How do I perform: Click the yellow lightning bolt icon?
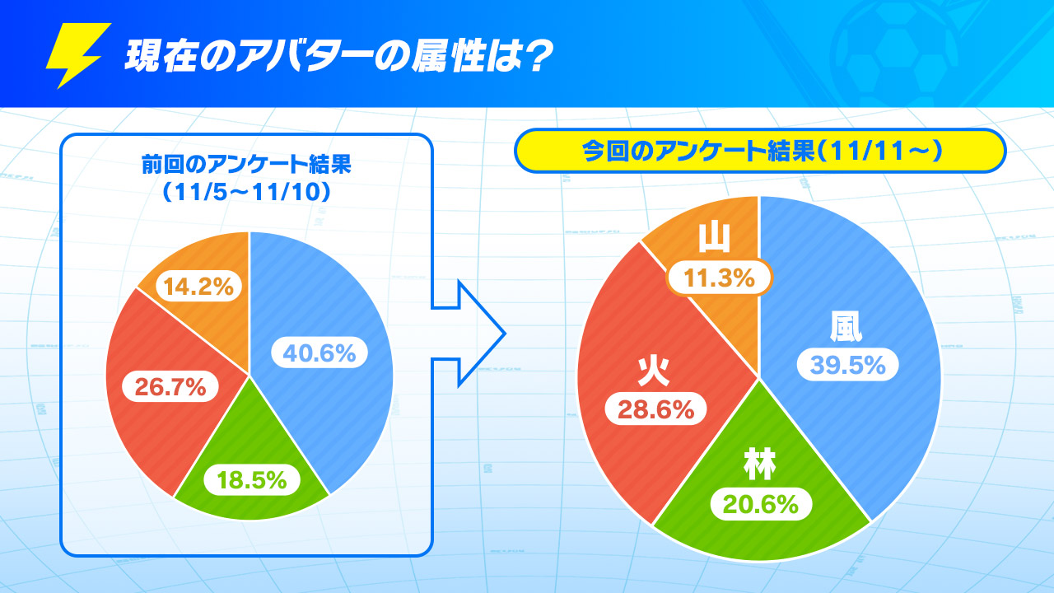tap(77, 55)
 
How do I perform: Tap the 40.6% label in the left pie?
tap(319, 353)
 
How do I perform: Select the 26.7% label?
tap(170, 387)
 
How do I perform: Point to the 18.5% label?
tap(252, 479)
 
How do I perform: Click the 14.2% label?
tap(198, 286)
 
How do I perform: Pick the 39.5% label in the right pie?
tap(848, 364)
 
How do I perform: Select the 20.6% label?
tap(761, 504)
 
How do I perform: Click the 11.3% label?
tap(720, 278)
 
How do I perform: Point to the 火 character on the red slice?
tap(654, 371)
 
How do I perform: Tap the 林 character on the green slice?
tap(760, 465)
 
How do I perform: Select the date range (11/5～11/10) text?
tap(246, 192)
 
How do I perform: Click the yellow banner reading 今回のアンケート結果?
tap(760, 151)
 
